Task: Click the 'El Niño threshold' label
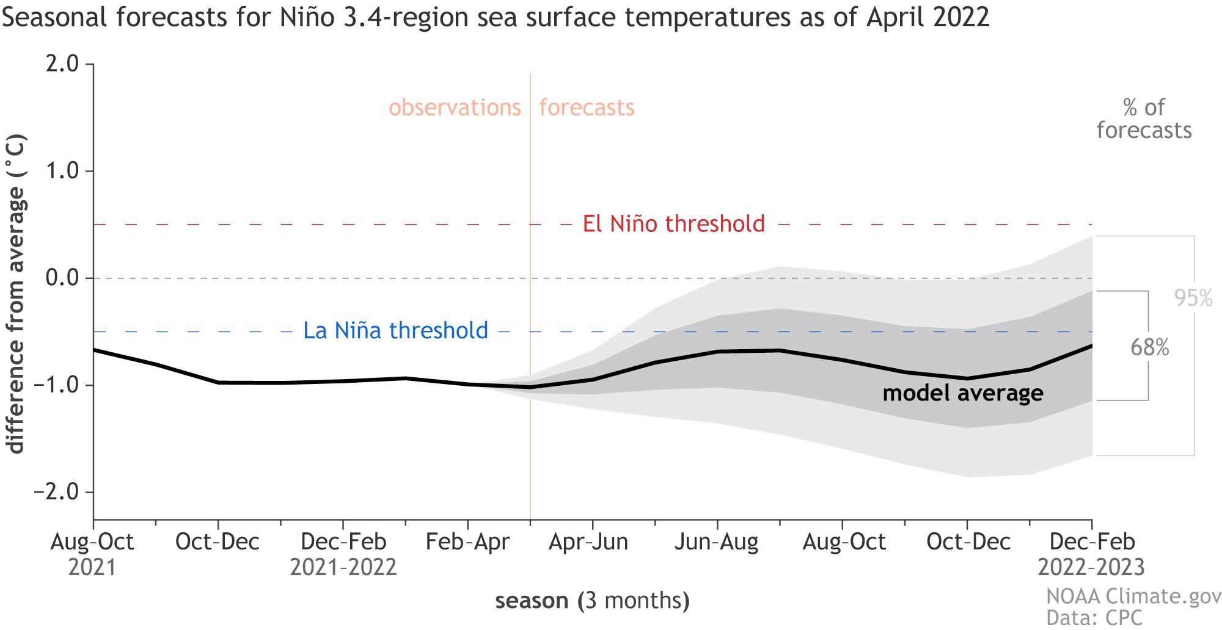673,224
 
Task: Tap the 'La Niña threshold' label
396,331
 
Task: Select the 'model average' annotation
963,393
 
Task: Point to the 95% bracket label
1193,298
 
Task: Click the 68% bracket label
1149,347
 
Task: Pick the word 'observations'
455,107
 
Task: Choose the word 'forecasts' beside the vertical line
587,107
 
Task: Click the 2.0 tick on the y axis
62,63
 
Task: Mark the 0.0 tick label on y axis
62,278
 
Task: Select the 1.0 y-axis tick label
62,171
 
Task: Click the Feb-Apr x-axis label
467,542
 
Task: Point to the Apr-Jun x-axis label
588,542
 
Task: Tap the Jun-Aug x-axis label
716,542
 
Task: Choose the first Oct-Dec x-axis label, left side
218,542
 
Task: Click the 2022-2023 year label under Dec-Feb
1091,567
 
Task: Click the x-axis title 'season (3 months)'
592,601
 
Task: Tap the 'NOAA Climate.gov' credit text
1133,596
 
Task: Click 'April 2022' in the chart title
927,17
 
